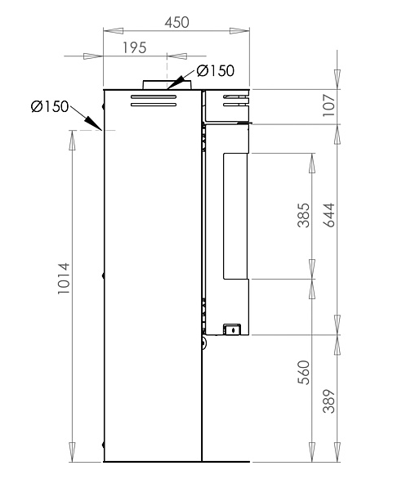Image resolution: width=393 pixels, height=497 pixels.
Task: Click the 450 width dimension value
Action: pos(176,22)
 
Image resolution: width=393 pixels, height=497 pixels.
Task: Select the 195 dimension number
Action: pos(134,48)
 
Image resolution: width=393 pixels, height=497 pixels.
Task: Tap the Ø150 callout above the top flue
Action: pos(216,70)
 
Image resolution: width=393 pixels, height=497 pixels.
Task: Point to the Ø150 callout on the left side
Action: pos(50,106)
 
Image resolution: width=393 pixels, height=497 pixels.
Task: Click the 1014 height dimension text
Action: pos(64,278)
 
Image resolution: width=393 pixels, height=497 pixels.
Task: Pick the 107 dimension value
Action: pos(328,105)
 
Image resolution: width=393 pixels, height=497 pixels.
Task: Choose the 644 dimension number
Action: pos(328,215)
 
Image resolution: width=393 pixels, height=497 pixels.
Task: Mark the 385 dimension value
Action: pos(303,215)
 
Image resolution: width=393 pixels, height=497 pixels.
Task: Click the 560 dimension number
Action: pos(303,373)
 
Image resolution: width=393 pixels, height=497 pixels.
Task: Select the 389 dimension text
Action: pos(328,401)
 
